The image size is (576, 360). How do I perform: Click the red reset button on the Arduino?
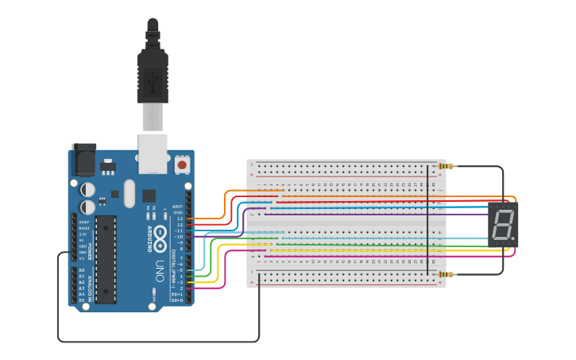(182, 165)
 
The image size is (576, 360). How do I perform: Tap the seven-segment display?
(502, 223)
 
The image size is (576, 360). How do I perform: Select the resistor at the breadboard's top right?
(446, 166)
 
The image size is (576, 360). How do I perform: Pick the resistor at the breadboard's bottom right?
(446, 274)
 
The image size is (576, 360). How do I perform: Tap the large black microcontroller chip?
(106, 258)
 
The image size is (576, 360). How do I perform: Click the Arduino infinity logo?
(160, 235)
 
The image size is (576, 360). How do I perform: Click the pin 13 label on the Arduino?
(180, 219)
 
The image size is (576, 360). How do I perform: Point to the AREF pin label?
(177, 207)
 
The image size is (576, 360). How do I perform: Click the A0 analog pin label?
(81, 270)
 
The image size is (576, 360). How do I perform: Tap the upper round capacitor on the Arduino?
(87, 190)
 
